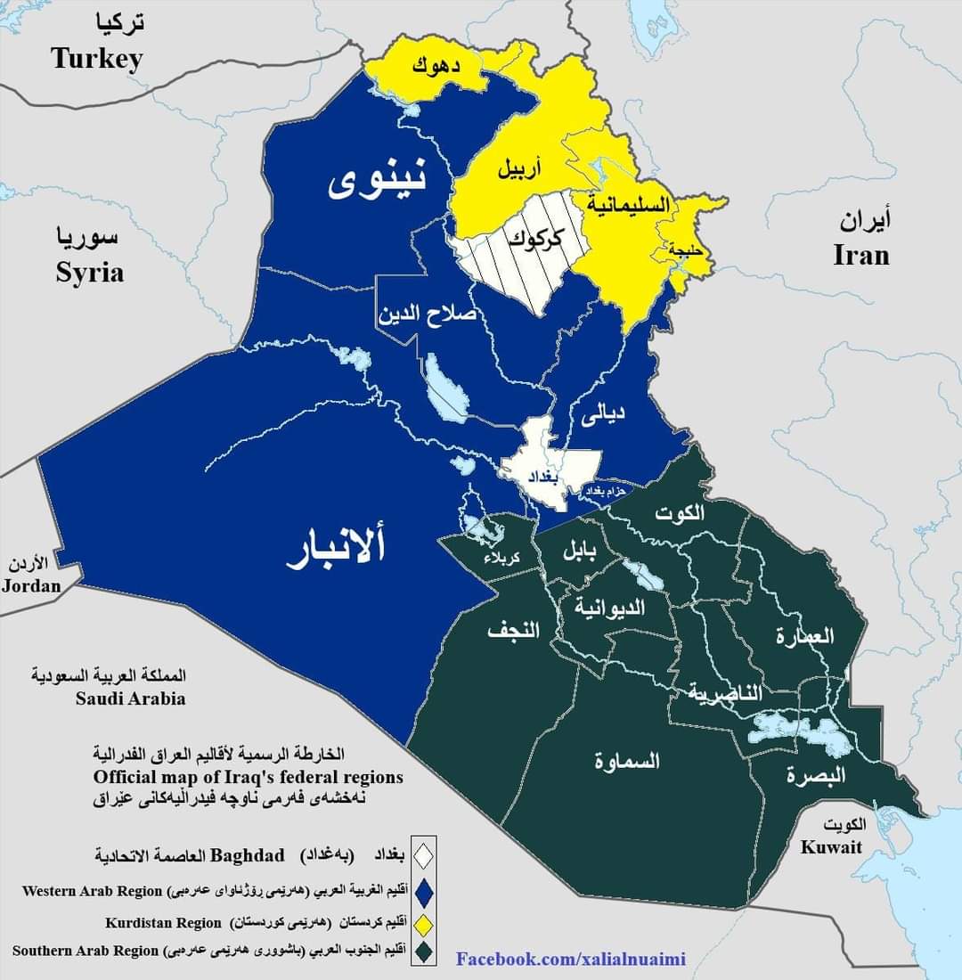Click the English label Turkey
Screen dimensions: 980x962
click(97, 59)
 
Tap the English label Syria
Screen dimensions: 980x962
click(89, 272)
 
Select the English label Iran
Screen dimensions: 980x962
click(861, 255)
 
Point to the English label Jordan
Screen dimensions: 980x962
click(31, 585)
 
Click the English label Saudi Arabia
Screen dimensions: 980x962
click(130, 698)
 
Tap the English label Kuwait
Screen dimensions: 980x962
click(831, 846)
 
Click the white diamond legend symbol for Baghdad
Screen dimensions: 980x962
click(424, 855)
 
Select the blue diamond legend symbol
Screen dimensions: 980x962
click(424, 890)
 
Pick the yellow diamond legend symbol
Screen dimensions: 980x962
click(424, 922)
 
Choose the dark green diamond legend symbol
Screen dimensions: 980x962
click(424, 951)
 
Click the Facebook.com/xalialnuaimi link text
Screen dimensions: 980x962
click(571, 959)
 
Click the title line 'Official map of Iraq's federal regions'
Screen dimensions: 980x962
click(249, 777)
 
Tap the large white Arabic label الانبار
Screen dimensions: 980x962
click(336, 549)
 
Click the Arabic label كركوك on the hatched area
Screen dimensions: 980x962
click(534, 238)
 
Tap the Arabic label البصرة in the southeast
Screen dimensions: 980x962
click(815, 774)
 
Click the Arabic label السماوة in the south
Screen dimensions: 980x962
click(627, 761)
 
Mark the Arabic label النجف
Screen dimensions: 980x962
click(513, 631)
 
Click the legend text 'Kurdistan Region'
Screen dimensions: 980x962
click(162, 922)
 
